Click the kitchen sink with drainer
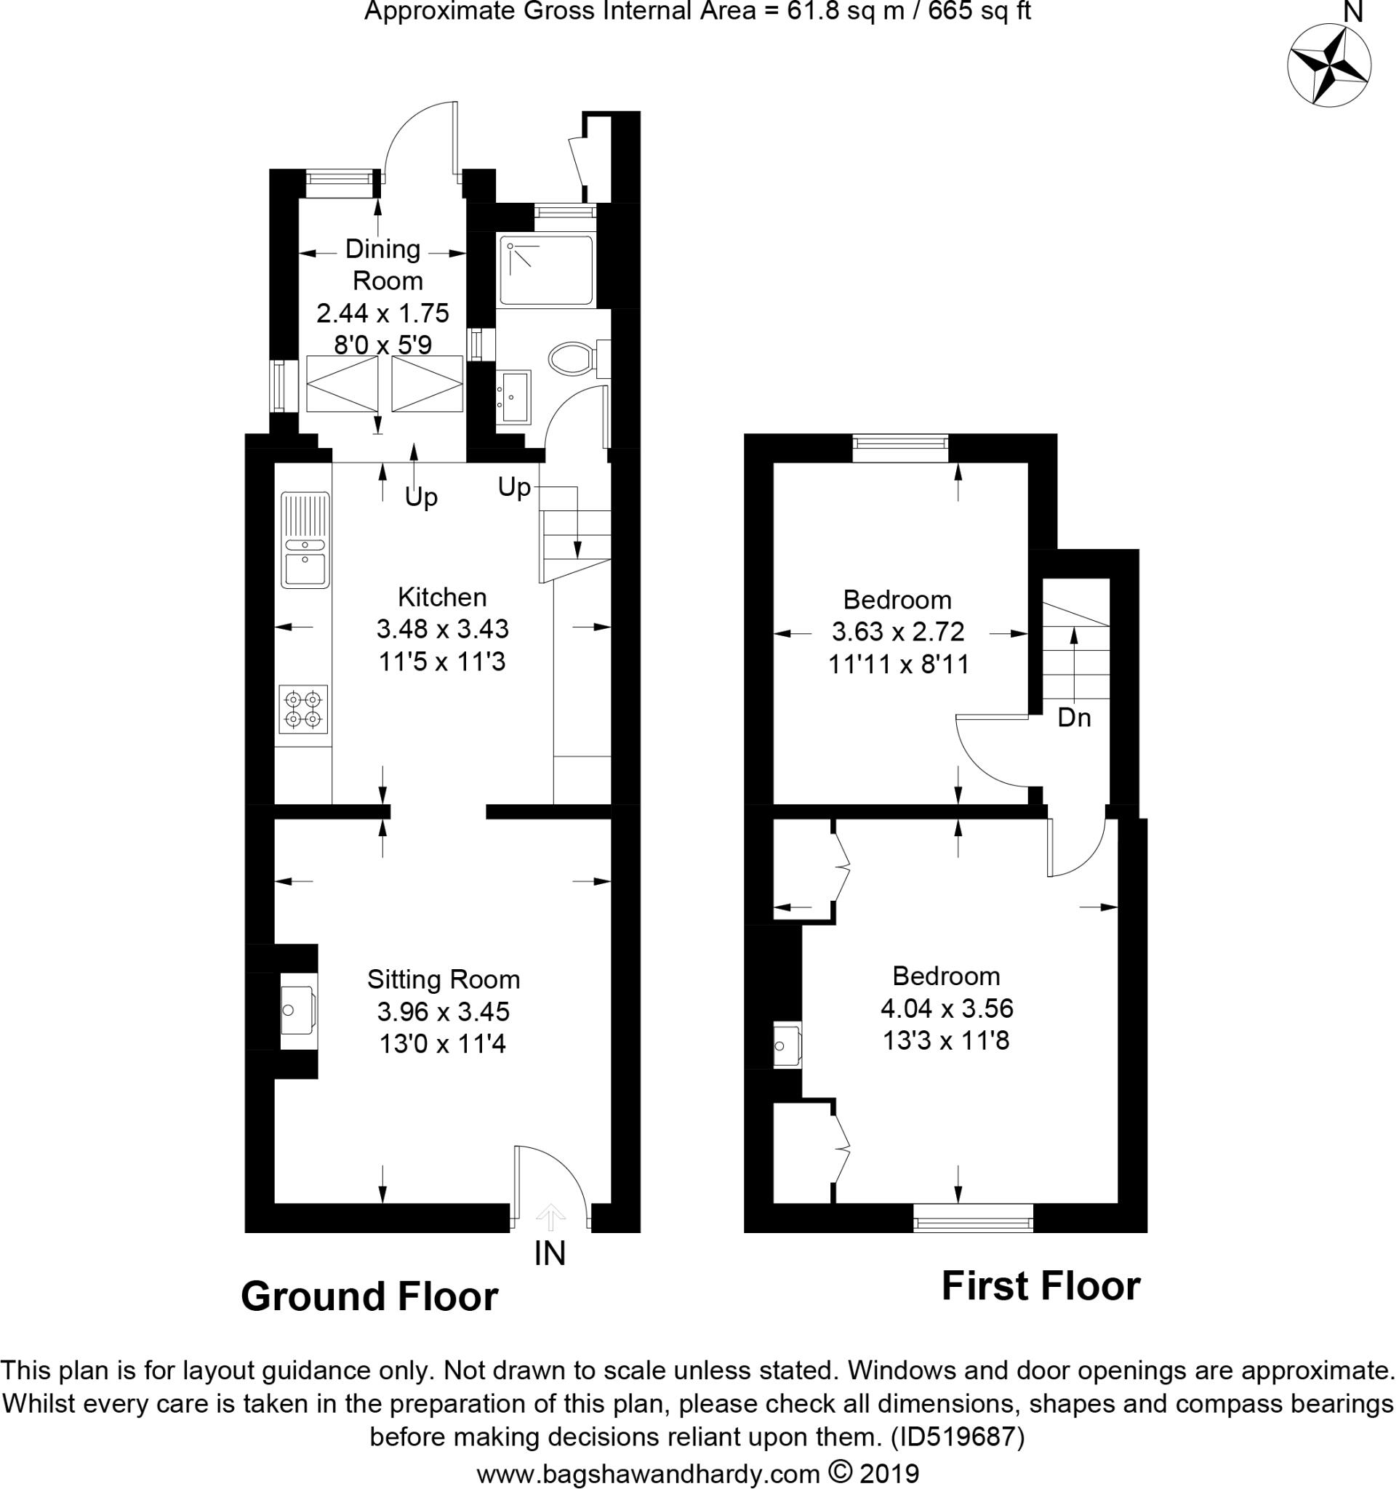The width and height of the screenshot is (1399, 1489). [304, 539]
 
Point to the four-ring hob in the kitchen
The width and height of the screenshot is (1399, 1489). [303, 709]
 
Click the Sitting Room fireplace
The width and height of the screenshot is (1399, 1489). [297, 1011]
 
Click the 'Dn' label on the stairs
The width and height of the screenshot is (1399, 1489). [1073, 718]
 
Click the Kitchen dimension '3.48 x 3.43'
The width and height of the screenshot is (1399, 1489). [442, 628]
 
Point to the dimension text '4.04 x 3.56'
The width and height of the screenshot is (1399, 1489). [947, 1008]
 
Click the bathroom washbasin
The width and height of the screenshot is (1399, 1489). [514, 396]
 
